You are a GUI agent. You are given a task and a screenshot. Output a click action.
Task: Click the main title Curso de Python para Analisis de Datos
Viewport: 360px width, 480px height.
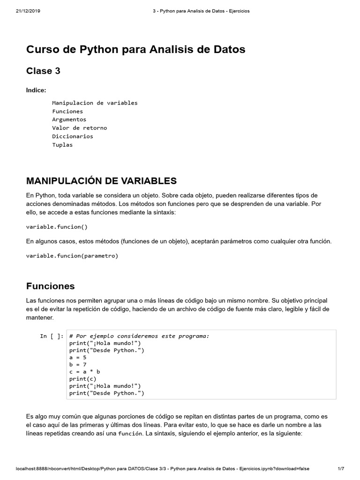135,49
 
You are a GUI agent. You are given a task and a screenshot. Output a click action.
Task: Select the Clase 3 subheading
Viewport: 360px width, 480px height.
43,71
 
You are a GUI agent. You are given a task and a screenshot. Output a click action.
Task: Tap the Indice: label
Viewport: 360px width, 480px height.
36,90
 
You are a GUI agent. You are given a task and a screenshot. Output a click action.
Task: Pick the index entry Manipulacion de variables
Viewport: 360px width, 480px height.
95,103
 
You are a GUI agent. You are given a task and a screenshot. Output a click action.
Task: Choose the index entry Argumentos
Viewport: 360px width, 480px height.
69,120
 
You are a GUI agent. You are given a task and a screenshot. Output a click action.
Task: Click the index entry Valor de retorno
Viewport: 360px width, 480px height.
79,128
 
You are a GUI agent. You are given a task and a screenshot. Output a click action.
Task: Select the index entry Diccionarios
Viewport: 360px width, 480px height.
73,136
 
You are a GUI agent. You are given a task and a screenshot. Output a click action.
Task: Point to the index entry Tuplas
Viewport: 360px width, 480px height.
62,145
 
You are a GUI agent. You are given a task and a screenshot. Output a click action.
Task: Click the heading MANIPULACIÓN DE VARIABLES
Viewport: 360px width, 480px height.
101,181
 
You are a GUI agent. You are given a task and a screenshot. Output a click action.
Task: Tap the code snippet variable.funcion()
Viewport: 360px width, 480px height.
57,227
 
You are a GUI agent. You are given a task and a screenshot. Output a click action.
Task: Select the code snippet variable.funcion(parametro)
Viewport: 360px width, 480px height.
72,256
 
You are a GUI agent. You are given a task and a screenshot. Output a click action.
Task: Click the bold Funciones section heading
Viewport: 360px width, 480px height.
50,286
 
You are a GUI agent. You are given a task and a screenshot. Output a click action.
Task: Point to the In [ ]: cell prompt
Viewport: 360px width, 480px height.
52,336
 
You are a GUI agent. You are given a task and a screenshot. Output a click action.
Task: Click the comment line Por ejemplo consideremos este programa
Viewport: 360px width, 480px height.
139,336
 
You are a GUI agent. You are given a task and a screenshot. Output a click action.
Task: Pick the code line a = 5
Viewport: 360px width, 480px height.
78,357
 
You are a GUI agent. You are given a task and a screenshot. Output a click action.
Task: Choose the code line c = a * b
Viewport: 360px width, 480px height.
85,372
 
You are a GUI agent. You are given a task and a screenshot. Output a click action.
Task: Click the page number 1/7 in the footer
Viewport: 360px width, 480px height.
341,469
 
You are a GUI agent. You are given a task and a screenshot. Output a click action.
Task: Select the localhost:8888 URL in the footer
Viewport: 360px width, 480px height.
163,469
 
